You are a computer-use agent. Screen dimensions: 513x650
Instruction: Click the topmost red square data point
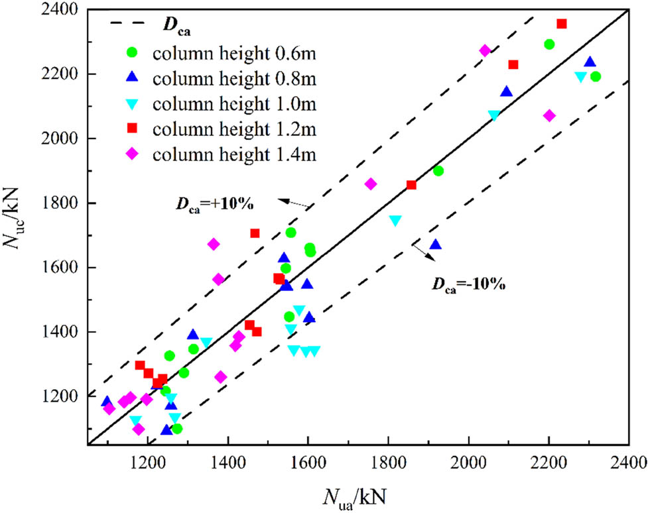point(562,24)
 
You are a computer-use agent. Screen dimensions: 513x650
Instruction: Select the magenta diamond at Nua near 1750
point(371,184)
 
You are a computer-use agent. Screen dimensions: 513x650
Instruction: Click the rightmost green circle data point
point(595,76)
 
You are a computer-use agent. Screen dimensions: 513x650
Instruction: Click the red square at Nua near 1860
point(411,185)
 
